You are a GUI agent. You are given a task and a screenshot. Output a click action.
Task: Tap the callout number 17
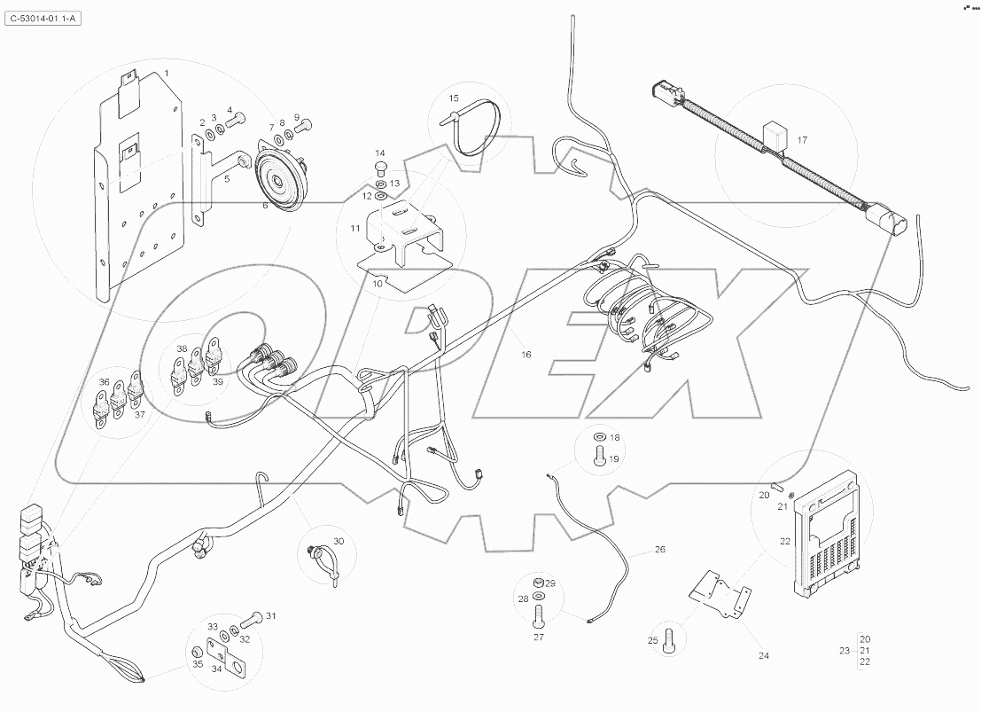tap(801, 140)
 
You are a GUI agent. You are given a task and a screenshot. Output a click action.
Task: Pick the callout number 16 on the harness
tap(526, 355)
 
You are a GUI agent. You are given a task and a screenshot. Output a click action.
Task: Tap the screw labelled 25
tap(670, 637)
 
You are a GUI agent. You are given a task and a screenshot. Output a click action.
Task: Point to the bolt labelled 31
tap(251, 618)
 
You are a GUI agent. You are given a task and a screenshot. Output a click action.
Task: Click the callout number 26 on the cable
tap(659, 550)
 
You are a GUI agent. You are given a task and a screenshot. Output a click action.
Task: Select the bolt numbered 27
tap(538, 614)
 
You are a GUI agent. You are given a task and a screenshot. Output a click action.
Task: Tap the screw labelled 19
tap(599, 458)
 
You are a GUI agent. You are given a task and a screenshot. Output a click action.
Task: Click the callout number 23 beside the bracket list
tap(843, 651)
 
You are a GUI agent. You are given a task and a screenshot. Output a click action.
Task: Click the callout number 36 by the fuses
tap(104, 383)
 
